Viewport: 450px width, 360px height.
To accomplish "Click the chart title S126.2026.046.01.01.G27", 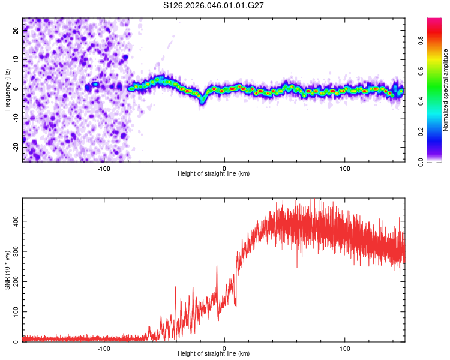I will [214, 6].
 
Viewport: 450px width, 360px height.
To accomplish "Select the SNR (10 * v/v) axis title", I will [7, 270].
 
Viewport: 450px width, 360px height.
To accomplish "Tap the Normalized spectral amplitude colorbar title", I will [446, 90].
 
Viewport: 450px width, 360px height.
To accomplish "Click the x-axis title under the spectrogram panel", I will [214, 173].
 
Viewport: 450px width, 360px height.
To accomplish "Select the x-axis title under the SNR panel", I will [214, 353].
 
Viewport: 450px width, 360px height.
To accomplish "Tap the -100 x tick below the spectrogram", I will [104, 167].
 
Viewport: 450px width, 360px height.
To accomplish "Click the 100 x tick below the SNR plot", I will [345, 347].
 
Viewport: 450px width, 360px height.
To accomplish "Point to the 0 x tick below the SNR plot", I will [224, 347].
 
